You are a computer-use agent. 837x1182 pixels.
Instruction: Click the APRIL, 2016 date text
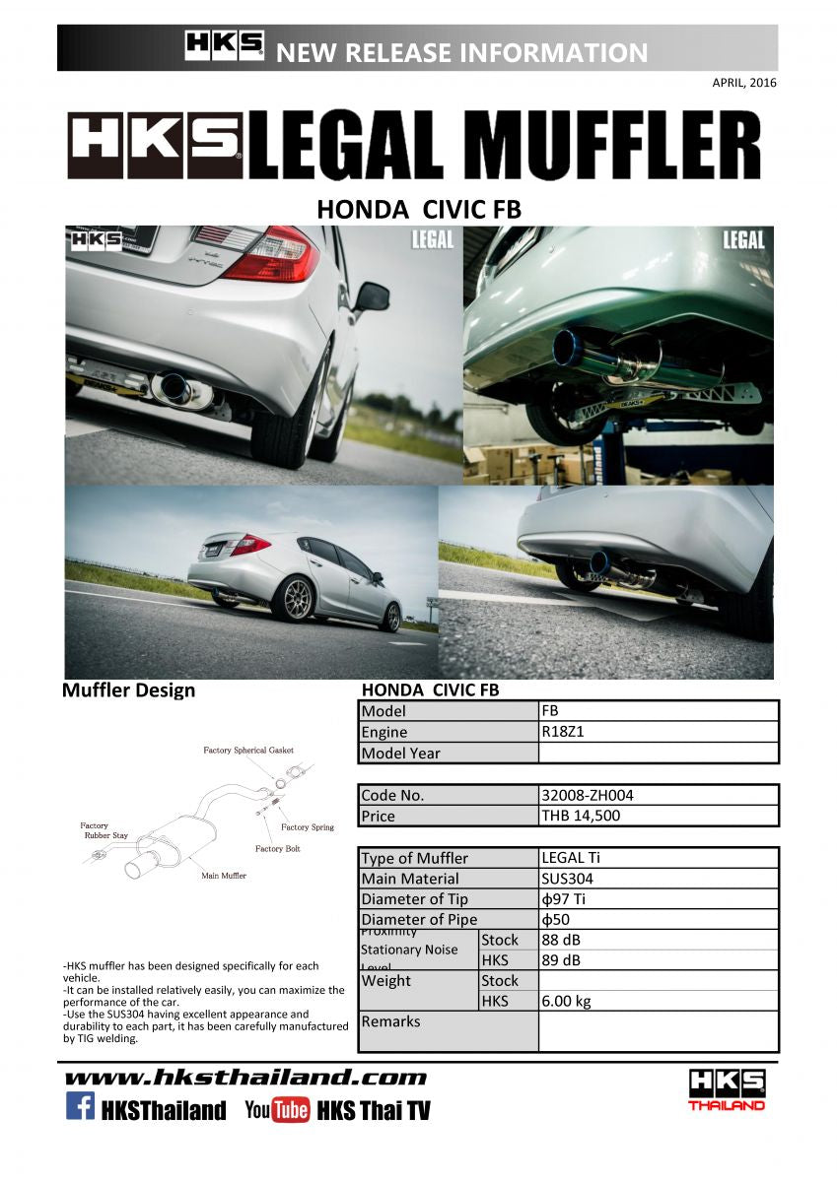click(743, 83)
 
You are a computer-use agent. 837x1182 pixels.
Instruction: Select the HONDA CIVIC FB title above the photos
click(418, 210)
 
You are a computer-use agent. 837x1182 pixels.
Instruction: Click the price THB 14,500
click(581, 816)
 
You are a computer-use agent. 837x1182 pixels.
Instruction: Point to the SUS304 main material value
click(567, 879)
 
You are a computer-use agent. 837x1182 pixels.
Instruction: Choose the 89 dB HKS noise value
click(561, 960)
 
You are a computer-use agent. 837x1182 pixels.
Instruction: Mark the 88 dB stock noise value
click(561, 940)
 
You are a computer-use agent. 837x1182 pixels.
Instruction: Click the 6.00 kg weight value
click(566, 1002)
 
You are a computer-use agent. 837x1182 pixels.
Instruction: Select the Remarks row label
click(390, 1021)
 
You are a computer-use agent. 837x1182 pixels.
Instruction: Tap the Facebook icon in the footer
click(80, 1107)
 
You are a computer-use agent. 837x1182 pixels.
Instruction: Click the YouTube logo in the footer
click(277, 1110)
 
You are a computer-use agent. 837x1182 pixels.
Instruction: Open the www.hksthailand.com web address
click(245, 1078)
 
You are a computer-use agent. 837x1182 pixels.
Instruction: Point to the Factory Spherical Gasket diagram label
click(248, 751)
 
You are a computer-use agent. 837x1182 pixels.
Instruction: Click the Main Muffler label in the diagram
click(224, 875)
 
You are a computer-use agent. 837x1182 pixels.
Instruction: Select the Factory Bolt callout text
click(278, 849)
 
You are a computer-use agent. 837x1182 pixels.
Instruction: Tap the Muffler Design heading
click(128, 690)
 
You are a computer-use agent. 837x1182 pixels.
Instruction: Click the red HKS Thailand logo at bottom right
click(727, 1089)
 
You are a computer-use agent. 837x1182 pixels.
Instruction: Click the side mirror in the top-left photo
click(373, 295)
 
